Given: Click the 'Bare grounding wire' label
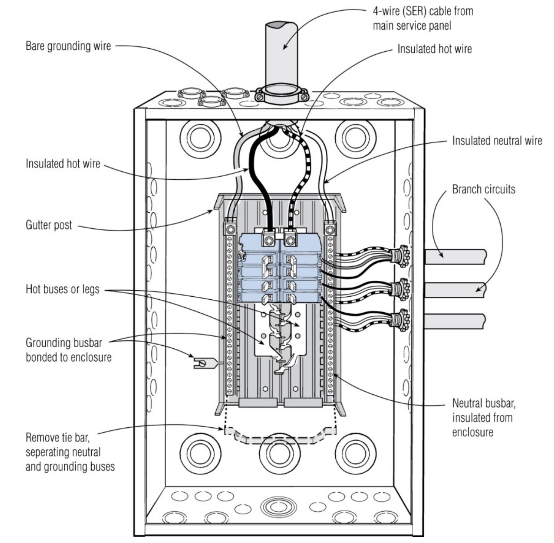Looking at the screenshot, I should pyautogui.click(x=68, y=46).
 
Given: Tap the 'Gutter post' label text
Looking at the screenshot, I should pyautogui.click(x=49, y=225).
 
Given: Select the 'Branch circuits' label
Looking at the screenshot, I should pyautogui.click(x=483, y=189).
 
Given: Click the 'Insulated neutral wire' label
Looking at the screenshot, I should pyautogui.click(x=497, y=141).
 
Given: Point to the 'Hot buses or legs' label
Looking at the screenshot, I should pyautogui.click(x=62, y=289).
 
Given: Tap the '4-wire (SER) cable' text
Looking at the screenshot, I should pyautogui.click(x=422, y=11).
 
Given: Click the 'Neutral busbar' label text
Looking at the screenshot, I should pyautogui.click(x=483, y=403).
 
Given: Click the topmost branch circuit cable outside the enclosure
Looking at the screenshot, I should pyautogui.click(x=455, y=257).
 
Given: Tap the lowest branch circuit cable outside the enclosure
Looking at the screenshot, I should pyautogui.click(x=455, y=322).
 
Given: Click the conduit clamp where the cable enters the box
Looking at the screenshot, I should pyautogui.click(x=281, y=96).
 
